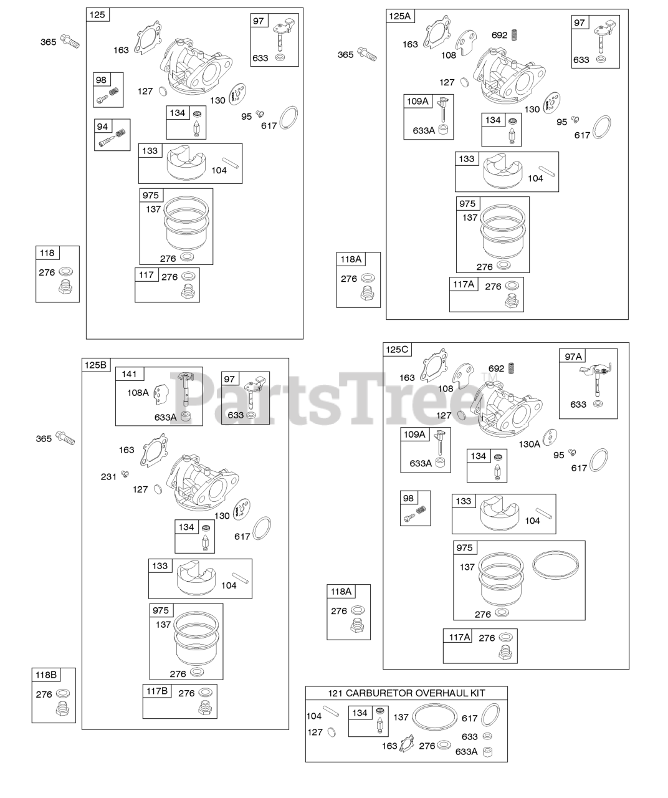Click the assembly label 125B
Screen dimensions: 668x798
(95, 365)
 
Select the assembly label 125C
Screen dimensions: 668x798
(397, 349)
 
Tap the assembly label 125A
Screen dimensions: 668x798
(400, 16)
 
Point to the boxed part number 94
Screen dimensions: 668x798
(102, 127)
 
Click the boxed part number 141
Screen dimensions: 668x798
(129, 374)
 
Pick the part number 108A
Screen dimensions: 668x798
(138, 393)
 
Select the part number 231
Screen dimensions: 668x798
(108, 477)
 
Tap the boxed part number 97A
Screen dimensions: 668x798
(573, 356)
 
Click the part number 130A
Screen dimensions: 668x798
(529, 444)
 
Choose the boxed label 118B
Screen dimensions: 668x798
(46, 675)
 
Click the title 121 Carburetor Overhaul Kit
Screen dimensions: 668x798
(406, 693)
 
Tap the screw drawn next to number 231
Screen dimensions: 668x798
(124, 474)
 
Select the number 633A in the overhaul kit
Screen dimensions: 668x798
(467, 752)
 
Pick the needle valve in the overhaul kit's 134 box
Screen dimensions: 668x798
(379, 724)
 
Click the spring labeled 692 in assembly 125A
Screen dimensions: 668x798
(515, 35)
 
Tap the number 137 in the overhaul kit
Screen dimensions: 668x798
(401, 718)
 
